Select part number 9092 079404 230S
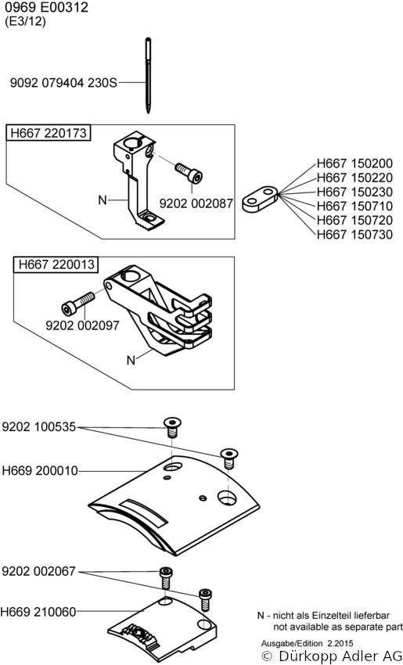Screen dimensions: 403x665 pos(63,82)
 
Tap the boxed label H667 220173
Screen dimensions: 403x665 pos(49,133)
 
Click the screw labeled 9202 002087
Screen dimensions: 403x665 pos(189,173)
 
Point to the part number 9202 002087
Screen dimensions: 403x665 pos(196,203)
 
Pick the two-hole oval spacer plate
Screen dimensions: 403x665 pos(261,199)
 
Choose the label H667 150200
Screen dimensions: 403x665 pos(354,164)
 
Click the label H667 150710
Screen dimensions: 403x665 pos(354,206)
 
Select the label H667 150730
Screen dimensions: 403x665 pos(354,235)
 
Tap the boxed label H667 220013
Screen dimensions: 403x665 pos(56,264)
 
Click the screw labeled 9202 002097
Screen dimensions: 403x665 pos(78,303)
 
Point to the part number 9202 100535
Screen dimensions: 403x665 pos(39,426)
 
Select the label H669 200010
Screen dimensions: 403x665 pos(40,471)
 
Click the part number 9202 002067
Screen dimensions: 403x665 pos(38,571)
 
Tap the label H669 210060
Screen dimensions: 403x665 pos(38,612)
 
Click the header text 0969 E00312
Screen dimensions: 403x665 pos(46,7)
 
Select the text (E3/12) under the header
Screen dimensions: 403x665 pos(24,22)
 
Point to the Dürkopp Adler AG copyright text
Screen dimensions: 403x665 pos(332,656)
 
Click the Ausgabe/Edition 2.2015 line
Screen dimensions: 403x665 pos(307,643)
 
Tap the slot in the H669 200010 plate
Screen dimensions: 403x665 pos(143,512)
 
